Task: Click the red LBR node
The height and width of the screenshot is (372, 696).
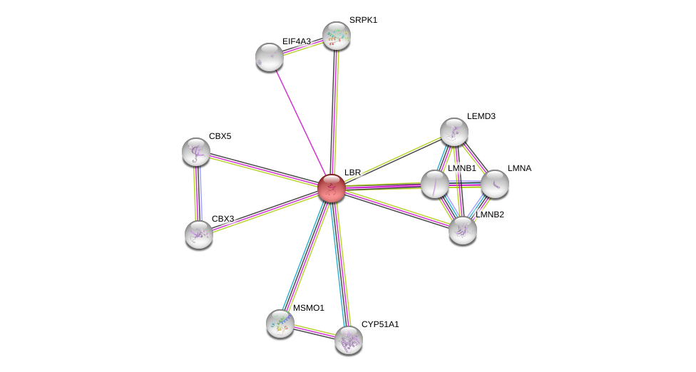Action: point(332,188)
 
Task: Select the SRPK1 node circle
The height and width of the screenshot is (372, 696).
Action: point(337,36)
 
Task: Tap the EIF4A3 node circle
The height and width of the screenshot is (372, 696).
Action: point(270,57)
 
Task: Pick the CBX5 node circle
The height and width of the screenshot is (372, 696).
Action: point(196,152)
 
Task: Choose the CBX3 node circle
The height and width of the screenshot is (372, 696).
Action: point(199,234)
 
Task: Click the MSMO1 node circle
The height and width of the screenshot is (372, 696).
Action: point(280,323)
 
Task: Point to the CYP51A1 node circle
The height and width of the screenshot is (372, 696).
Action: point(349,340)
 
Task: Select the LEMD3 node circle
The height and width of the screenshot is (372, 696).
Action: point(454,132)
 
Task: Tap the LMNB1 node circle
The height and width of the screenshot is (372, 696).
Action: point(435,184)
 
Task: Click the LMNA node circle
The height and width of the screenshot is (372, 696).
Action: point(495,184)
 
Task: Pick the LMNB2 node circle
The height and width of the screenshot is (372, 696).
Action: point(463,229)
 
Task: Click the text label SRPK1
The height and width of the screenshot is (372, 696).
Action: point(363,20)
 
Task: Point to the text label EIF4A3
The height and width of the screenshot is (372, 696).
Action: point(296,41)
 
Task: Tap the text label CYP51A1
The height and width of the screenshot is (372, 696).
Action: point(380,324)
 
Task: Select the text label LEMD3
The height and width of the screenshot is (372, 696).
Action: point(481,116)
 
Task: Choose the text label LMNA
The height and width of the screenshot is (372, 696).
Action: point(519,168)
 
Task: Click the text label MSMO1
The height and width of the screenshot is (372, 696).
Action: point(308,308)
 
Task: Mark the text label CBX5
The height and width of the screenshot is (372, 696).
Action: point(220,136)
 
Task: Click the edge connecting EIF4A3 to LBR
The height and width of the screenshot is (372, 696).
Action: point(300,122)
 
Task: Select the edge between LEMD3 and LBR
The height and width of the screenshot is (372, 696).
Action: point(393,160)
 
